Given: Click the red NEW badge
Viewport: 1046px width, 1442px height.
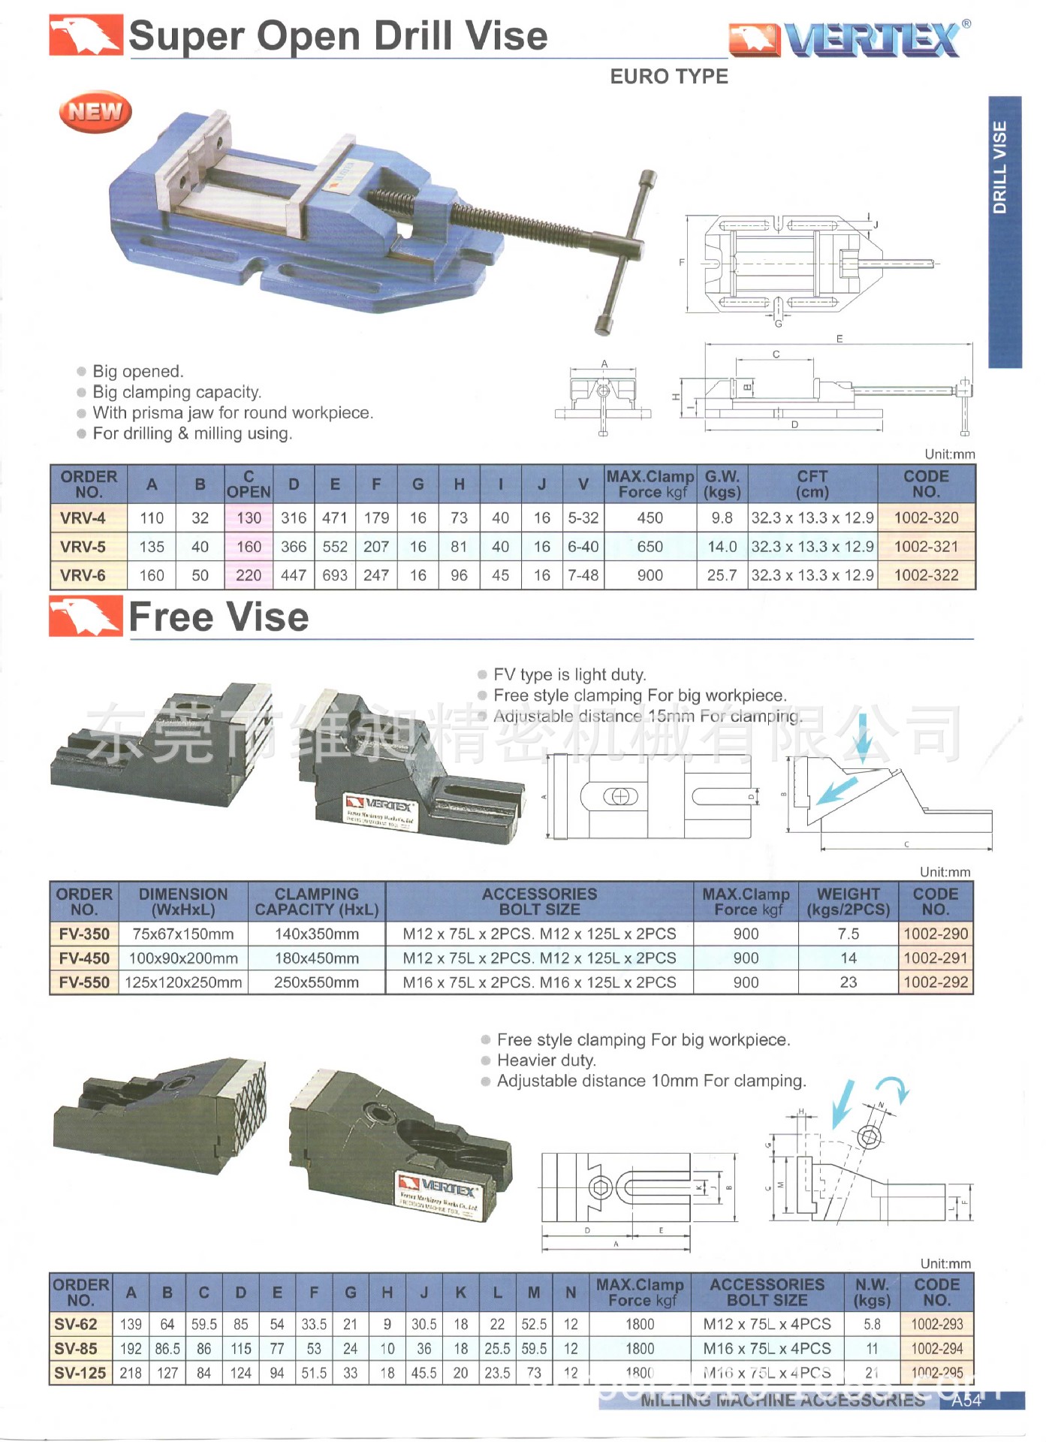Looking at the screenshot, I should click(x=95, y=112).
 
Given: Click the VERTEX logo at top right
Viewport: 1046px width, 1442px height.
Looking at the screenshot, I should click(x=849, y=39).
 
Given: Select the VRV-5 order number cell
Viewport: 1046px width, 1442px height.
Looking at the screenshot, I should click(x=83, y=547).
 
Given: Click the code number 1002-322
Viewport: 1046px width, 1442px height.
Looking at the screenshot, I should click(x=926, y=575).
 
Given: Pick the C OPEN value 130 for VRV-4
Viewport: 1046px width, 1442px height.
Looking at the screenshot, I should click(x=249, y=518).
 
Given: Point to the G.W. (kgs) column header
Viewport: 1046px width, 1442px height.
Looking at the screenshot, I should click(x=722, y=484).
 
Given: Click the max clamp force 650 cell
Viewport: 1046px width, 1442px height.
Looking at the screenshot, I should click(x=650, y=547).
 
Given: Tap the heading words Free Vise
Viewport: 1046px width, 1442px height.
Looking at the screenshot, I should click(x=219, y=617).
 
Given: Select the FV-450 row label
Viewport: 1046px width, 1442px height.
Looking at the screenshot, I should click(x=84, y=958).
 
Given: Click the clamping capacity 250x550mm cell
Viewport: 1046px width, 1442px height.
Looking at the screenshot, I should click(x=316, y=982).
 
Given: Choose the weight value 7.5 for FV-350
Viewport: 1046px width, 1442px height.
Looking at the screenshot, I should click(x=848, y=934).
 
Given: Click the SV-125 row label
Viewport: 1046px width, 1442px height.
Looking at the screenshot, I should click(x=80, y=1373).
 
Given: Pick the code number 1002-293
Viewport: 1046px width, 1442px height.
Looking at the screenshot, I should click(x=936, y=1324).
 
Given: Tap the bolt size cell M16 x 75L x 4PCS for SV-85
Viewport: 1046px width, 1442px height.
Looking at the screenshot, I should click(x=767, y=1349).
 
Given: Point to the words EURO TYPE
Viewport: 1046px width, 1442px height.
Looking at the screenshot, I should click(x=668, y=77).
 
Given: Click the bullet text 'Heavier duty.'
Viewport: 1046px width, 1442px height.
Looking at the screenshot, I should click(x=546, y=1060).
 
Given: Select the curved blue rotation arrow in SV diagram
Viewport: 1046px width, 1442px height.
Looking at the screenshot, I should click(x=894, y=1088).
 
